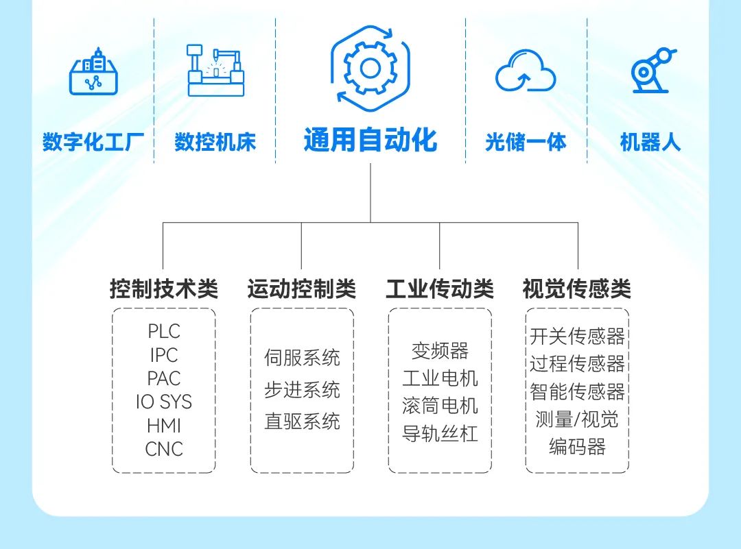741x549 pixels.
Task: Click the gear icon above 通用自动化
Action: point(370,67)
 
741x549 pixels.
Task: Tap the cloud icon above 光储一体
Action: point(526,71)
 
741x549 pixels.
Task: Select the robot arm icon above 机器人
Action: point(650,71)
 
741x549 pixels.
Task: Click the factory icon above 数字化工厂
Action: point(93,72)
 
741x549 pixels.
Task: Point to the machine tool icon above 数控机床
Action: point(215,71)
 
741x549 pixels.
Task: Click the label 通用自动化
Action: point(370,140)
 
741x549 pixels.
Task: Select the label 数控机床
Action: point(215,143)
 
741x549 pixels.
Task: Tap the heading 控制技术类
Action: point(163,289)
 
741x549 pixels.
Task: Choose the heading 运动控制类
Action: point(302,289)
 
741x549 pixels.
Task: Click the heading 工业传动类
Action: point(440,289)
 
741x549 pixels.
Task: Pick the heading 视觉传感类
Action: point(577,289)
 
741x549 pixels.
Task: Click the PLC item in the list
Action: point(163,332)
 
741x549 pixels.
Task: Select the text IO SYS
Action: point(163,402)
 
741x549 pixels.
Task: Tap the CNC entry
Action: point(164,450)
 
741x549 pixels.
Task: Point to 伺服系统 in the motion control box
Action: point(302,358)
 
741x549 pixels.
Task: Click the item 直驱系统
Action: point(302,421)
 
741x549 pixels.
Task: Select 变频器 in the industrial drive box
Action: point(440,352)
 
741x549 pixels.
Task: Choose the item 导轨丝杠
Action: point(440,434)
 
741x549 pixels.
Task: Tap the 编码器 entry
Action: point(577,447)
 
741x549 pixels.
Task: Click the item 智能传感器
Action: point(577,392)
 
